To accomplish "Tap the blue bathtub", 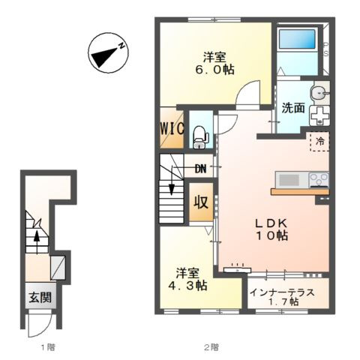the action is (x=297, y=39).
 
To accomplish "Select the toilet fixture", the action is (x=201, y=137).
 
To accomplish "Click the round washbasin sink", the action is (x=319, y=94).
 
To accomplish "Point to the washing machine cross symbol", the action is (x=319, y=115).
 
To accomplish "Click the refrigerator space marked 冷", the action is (x=319, y=142).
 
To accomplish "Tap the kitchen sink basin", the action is (x=289, y=179).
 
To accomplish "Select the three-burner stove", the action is (x=319, y=179).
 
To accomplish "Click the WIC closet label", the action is (x=172, y=129).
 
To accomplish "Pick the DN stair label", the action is (x=200, y=169).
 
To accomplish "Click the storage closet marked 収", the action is (x=201, y=202).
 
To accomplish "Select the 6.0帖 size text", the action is (x=214, y=70).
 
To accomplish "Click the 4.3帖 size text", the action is (x=187, y=286).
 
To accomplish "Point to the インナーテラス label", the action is (x=283, y=292).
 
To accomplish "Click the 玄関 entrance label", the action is (x=40, y=297).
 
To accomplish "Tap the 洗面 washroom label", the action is (x=293, y=108).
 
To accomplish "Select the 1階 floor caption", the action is (x=48, y=347).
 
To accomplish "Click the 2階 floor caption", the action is (x=211, y=347).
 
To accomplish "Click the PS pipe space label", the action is (x=326, y=49).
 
